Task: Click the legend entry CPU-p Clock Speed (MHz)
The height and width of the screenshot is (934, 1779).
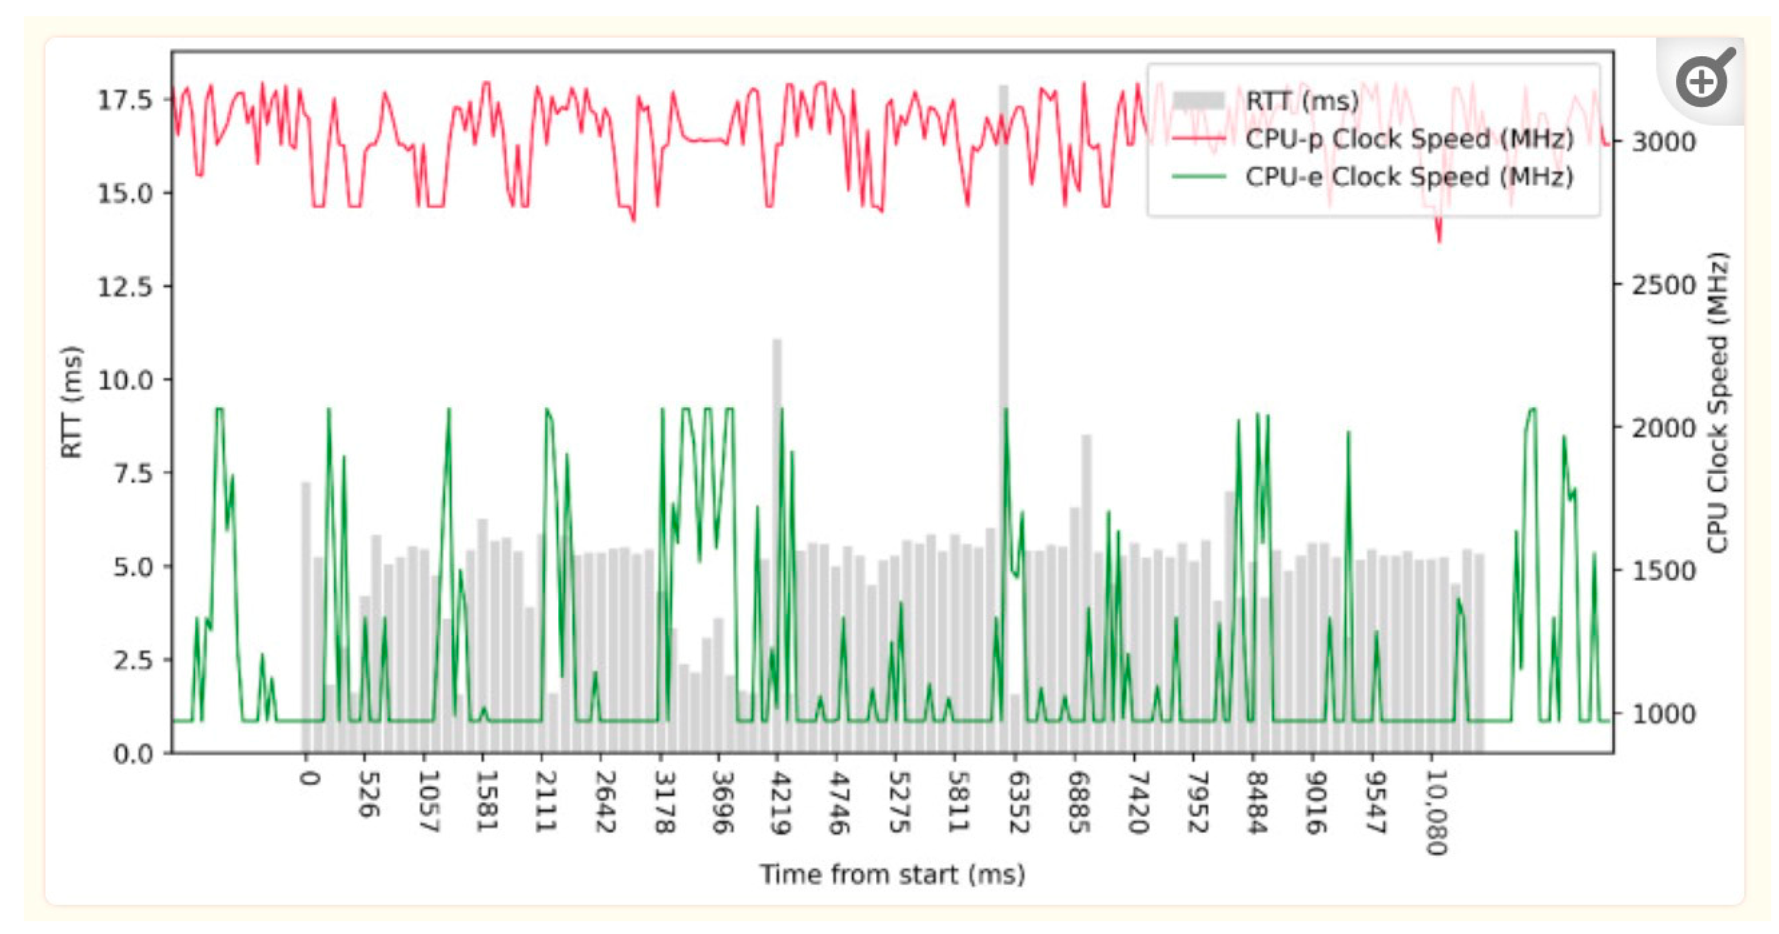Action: pyautogui.click(x=1409, y=139)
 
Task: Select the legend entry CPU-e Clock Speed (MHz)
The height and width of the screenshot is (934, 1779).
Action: pyautogui.click(x=1409, y=177)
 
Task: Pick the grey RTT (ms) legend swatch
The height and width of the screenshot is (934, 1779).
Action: pyautogui.click(x=1199, y=101)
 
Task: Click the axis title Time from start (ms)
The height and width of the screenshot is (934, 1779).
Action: pyautogui.click(x=892, y=874)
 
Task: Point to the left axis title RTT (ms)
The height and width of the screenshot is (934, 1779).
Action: pyautogui.click(x=72, y=402)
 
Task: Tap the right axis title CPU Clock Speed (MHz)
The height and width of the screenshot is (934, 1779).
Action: pyautogui.click(x=1718, y=402)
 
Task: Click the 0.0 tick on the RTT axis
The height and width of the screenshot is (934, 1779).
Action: pyautogui.click(x=133, y=753)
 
